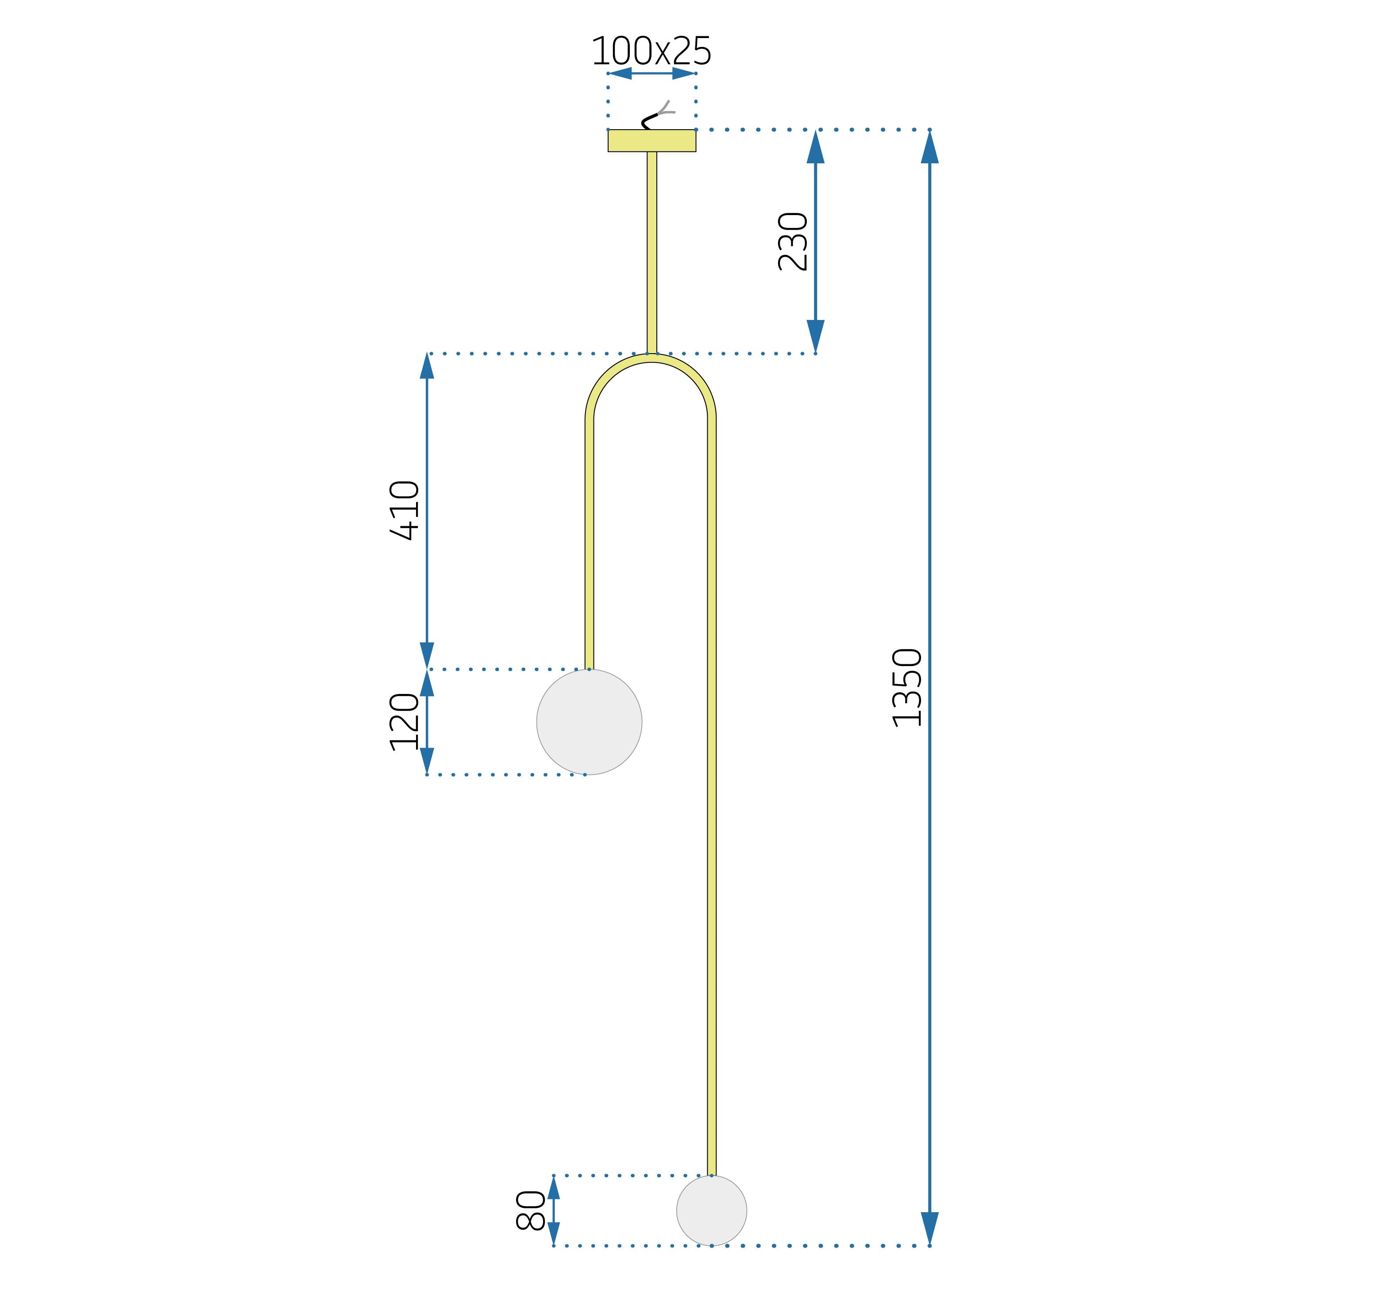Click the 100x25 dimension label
tap(652, 51)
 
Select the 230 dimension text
tap(794, 242)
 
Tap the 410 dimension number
tap(405, 510)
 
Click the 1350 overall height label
tap(908, 688)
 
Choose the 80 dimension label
tap(530, 1210)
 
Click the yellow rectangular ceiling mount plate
tap(652, 141)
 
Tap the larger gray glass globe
tap(589, 722)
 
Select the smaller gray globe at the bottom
tap(712, 1210)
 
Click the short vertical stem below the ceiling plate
tap(652, 253)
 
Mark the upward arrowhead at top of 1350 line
tap(929, 146)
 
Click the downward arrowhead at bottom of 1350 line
tap(929, 1229)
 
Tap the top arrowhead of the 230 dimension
tap(815, 146)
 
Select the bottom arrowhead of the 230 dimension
tap(815, 336)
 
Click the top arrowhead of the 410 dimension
tap(427, 366)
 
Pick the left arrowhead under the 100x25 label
tap(620, 73)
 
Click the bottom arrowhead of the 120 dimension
tap(427, 761)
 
